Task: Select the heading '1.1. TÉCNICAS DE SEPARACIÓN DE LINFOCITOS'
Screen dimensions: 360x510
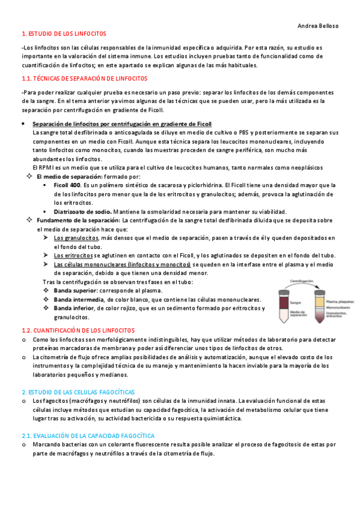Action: point(84,79)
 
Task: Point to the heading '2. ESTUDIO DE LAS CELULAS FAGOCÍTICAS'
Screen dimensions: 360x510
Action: point(78,392)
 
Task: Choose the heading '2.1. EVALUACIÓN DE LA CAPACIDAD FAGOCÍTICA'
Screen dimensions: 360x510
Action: point(88,435)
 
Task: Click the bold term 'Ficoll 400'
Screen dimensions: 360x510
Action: point(67,185)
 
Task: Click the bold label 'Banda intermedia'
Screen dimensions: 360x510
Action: point(81,300)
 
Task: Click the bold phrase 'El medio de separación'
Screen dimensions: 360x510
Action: point(68,177)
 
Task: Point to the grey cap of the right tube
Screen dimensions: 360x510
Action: point(316,289)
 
